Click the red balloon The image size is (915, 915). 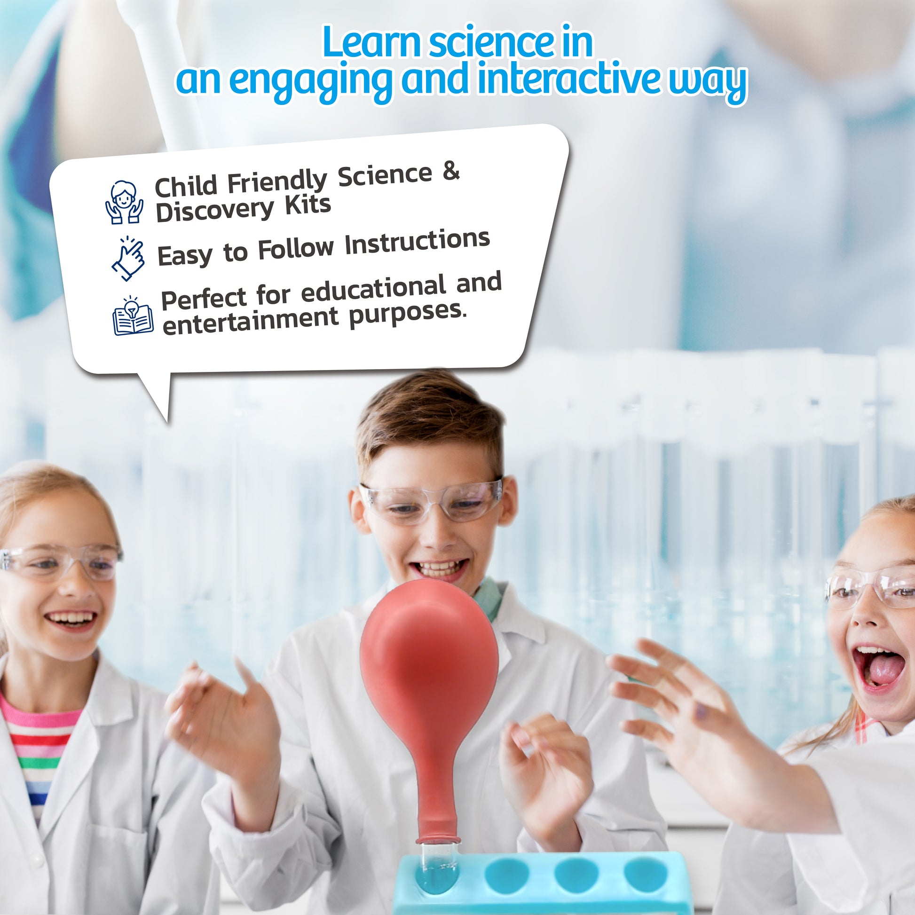pos(429,663)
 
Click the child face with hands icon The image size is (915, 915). pos(124,202)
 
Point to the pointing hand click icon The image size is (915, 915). pos(128,259)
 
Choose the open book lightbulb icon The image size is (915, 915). pos(133,316)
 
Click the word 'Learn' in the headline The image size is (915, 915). pos(372,43)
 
